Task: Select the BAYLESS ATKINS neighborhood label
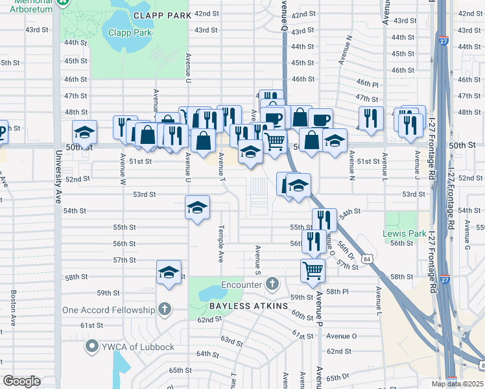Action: pos(248,305)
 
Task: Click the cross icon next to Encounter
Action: pos(272,284)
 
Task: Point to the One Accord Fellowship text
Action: pos(109,310)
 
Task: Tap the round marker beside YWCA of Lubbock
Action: pos(92,347)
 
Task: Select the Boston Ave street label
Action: pos(13,307)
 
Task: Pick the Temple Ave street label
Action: pos(220,244)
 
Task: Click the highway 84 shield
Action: pos(368,259)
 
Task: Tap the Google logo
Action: pos(21,381)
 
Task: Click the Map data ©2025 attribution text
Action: pos(456,384)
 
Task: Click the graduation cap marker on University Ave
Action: pos(84,132)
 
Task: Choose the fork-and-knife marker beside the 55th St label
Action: pos(324,219)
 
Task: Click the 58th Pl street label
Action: pos(337,292)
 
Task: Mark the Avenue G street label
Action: pos(466,236)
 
